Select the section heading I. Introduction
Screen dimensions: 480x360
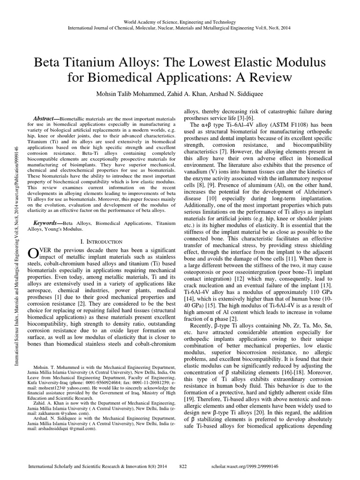101,241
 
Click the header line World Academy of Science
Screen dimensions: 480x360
180,22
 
